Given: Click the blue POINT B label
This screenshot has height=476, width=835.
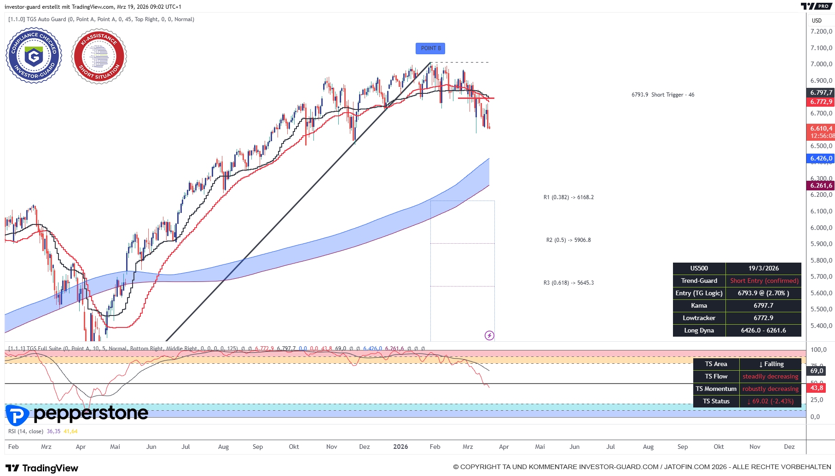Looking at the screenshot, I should click(x=430, y=48).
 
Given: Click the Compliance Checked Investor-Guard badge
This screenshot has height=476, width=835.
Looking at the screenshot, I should click(x=34, y=56).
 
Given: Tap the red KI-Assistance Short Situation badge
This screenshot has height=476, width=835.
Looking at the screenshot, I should click(x=99, y=56).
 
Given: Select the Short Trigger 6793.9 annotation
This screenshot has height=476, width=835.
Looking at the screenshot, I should click(x=663, y=95).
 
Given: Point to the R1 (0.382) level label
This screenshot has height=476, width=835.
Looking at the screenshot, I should click(x=568, y=197).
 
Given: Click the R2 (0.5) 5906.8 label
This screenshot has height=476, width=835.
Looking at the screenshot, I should click(x=568, y=240).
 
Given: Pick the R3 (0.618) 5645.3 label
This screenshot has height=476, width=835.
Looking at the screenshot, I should click(x=568, y=283).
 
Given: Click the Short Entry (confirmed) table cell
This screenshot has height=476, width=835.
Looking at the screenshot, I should click(x=764, y=281).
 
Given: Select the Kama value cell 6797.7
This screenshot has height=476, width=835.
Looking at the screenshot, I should click(x=763, y=305).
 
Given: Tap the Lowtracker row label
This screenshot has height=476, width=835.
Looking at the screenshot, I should click(x=699, y=318).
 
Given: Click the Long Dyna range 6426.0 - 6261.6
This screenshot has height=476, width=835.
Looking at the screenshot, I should click(x=763, y=330).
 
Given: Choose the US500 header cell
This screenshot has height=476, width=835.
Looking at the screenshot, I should click(x=699, y=268).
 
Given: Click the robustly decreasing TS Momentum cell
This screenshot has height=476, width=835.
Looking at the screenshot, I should click(x=770, y=389).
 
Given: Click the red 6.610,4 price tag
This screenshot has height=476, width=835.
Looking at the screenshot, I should click(x=821, y=129).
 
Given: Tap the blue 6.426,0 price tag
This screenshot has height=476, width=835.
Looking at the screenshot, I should click(x=821, y=158).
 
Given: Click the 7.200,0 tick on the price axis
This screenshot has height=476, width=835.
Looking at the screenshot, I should click(x=821, y=31).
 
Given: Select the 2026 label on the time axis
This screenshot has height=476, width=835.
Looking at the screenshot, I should click(x=400, y=447).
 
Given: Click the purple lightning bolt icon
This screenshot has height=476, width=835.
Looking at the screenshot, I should click(x=489, y=336).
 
